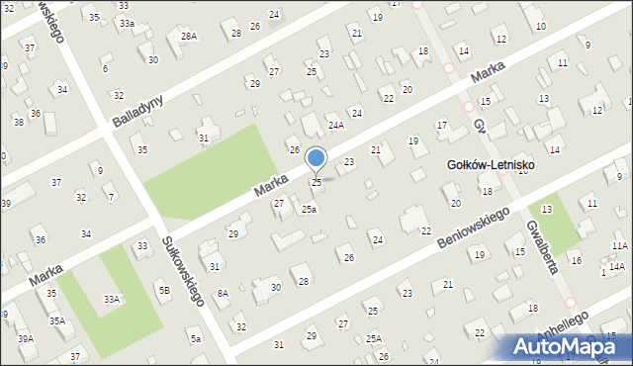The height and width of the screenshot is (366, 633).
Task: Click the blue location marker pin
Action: [x=316, y=158]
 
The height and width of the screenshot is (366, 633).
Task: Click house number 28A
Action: [x=188, y=37]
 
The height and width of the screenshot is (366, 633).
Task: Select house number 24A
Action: [x=336, y=125]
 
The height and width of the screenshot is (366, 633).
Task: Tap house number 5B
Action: [x=164, y=290]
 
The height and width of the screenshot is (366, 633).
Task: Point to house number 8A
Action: [x=223, y=293]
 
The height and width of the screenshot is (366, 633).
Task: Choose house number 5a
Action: [x=196, y=339]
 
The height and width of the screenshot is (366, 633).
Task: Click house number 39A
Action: [x=25, y=338]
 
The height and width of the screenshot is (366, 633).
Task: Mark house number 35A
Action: [x=58, y=320]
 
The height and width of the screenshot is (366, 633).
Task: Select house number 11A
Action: [x=619, y=245]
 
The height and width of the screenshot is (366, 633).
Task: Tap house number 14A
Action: [x=616, y=267]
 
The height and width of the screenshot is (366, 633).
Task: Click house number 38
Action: [x=18, y=122]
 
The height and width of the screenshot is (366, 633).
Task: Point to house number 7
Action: [x=110, y=197]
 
